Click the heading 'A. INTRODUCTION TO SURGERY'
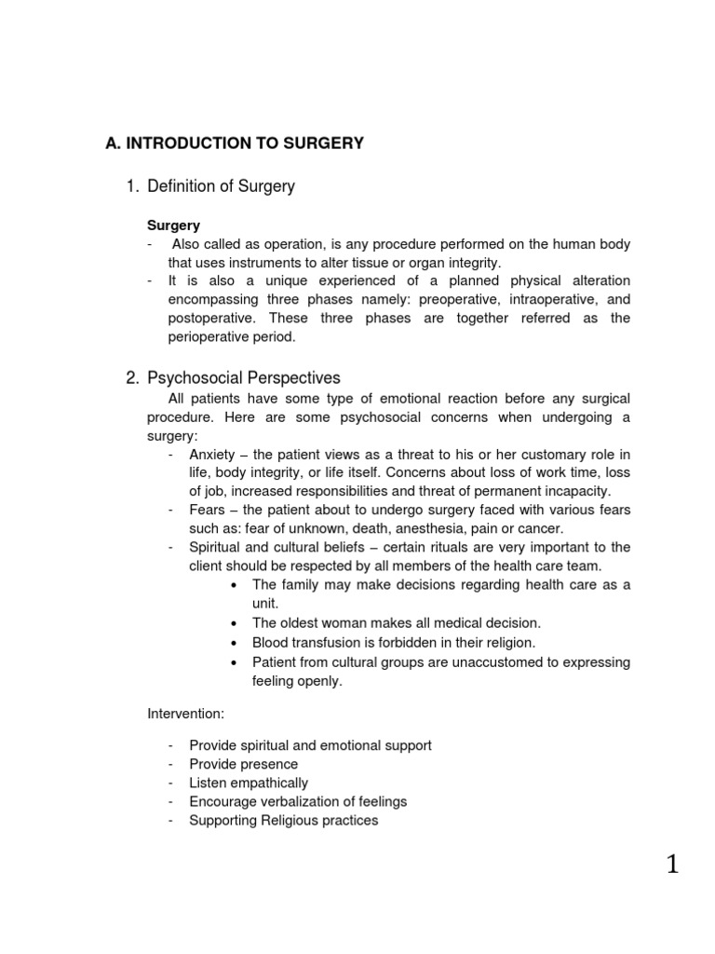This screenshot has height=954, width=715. click(234, 143)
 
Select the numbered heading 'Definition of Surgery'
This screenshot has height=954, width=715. click(221, 186)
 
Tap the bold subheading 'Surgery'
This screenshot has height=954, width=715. click(174, 225)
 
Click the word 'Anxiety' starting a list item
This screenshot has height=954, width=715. click(212, 455)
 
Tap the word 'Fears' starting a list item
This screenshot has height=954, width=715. click(207, 510)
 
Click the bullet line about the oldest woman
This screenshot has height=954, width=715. click(396, 622)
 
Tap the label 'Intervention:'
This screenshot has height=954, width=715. click(185, 713)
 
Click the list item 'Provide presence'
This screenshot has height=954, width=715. click(243, 764)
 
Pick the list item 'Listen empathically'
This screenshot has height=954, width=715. click(248, 783)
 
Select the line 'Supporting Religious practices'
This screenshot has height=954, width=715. click(283, 820)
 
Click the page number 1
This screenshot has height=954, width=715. click(672, 865)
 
